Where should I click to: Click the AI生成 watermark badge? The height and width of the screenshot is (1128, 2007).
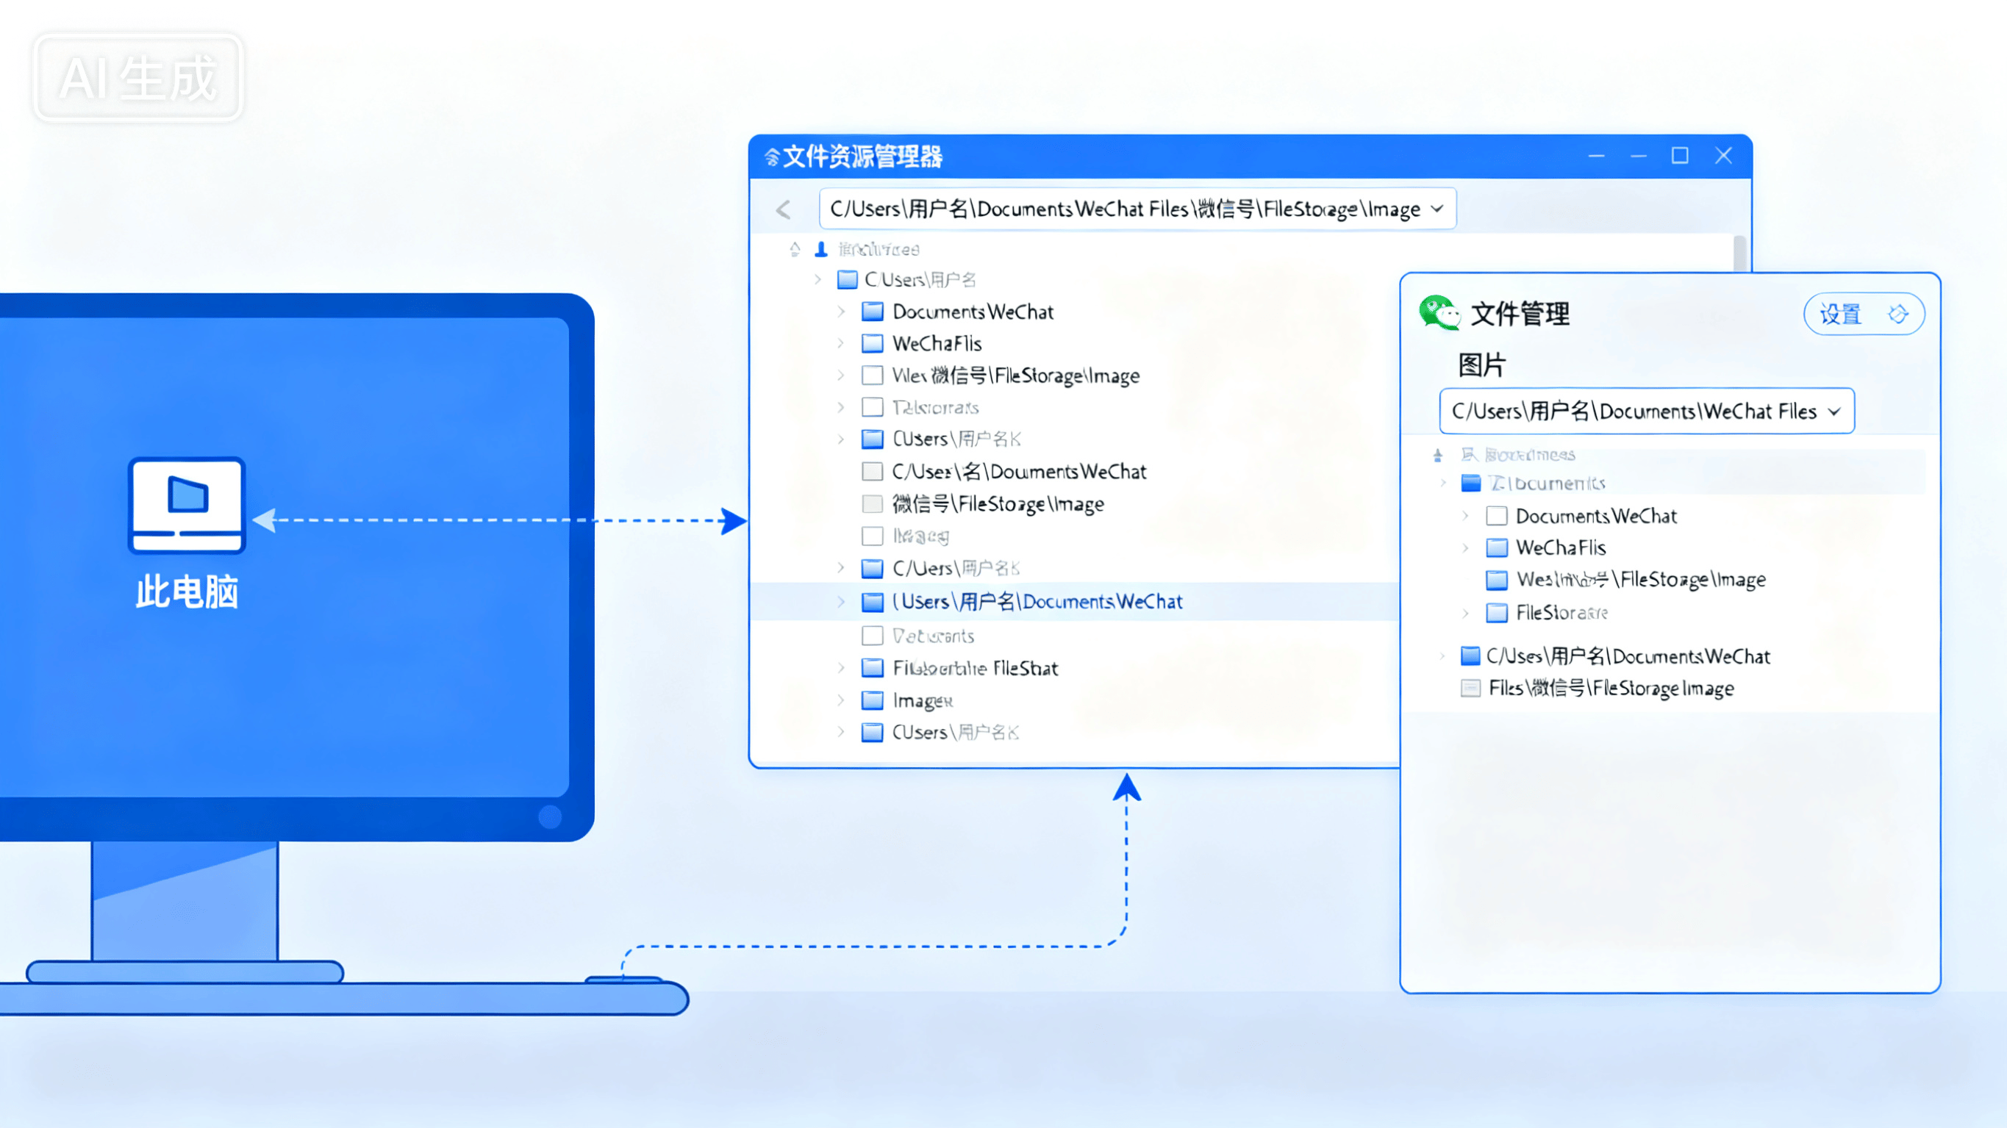click(x=138, y=78)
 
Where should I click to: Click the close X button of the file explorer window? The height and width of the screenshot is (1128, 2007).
click(x=1723, y=156)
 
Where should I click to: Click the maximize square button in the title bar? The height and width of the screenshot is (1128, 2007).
click(x=1680, y=156)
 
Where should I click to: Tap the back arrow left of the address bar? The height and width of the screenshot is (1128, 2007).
click(x=784, y=209)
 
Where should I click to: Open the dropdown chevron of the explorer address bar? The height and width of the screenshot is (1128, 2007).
click(x=1437, y=209)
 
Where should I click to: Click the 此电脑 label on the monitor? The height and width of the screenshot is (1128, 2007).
click(x=187, y=592)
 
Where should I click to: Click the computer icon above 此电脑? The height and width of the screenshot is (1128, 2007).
click(x=187, y=505)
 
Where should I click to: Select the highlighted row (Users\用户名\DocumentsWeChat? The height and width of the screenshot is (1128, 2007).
click(x=1037, y=601)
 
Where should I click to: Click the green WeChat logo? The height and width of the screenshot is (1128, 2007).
click(x=1438, y=313)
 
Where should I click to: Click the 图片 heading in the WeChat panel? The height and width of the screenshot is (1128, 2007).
click(x=1482, y=364)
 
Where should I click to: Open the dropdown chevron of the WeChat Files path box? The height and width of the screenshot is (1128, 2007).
click(x=1834, y=412)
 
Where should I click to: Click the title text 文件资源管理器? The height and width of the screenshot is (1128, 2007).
click(x=862, y=157)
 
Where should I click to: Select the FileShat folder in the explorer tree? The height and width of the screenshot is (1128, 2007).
click(x=975, y=669)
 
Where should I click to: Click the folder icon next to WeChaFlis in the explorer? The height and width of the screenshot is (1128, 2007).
click(x=873, y=343)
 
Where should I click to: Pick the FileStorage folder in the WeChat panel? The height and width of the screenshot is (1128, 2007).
click(x=1561, y=613)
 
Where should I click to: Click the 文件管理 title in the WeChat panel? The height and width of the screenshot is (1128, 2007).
click(x=1520, y=314)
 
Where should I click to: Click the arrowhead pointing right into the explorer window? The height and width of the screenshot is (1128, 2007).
click(x=733, y=520)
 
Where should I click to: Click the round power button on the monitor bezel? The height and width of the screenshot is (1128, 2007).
click(x=550, y=816)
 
